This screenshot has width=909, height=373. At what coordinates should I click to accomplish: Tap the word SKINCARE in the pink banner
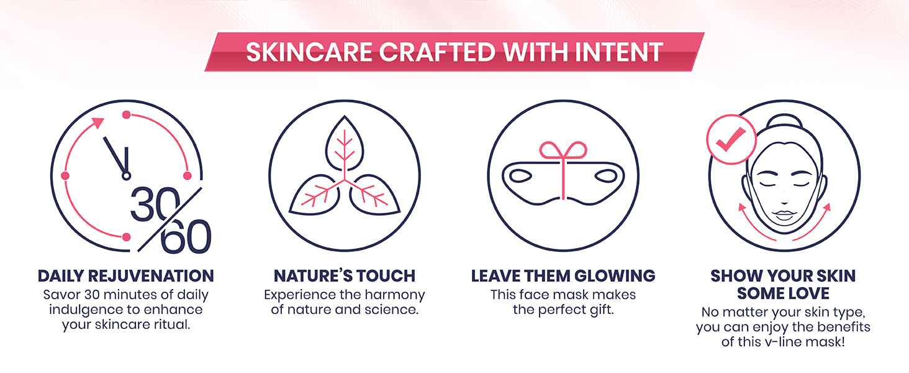(309, 52)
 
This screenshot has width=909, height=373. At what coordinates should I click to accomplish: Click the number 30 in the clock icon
(155, 205)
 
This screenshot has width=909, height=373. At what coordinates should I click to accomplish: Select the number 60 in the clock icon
(186, 236)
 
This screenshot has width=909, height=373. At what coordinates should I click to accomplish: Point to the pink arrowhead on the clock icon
(97, 122)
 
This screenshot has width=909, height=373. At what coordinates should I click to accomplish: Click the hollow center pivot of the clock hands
(126, 176)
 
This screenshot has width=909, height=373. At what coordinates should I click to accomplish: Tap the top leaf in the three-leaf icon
(345, 143)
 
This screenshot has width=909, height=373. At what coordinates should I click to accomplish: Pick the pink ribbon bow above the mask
(563, 150)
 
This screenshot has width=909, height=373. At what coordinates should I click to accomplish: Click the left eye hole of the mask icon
(520, 176)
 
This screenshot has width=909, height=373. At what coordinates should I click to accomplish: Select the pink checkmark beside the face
(730, 140)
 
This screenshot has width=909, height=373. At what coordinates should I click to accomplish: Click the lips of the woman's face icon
(784, 214)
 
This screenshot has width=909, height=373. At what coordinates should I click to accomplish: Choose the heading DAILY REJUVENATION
(126, 276)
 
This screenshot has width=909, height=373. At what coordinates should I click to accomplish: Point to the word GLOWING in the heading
(615, 276)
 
